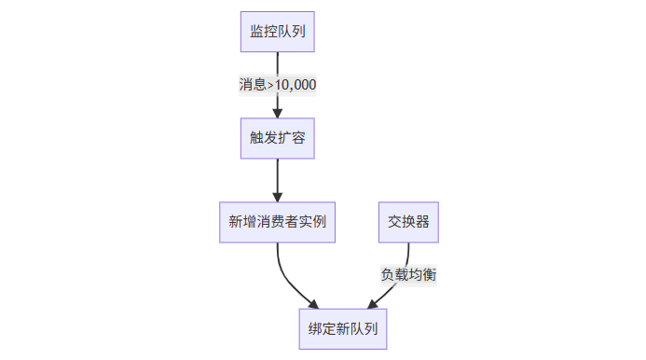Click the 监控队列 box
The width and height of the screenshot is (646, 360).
(277, 32)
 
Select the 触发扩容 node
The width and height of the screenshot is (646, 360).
(277, 139)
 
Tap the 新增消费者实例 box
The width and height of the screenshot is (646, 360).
(277, 222)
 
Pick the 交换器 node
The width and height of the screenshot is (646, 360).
(408, 222)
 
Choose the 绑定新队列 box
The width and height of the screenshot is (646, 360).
(342, 329)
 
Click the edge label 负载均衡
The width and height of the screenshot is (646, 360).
(408, 275)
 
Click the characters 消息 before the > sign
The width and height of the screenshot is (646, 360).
(252, 85)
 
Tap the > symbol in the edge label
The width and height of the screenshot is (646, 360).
(270, 85)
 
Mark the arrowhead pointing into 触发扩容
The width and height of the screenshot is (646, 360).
(277, 113)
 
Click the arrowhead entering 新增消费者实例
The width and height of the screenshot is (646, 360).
(277, 196)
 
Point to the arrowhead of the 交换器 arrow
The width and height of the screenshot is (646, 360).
(373, 304)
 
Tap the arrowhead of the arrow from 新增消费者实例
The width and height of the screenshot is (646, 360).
(313, 304)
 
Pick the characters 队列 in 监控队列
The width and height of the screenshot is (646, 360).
(291, 32)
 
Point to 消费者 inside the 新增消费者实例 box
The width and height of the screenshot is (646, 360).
(277, 222)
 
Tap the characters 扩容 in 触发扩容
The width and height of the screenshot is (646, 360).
(291, 139)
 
